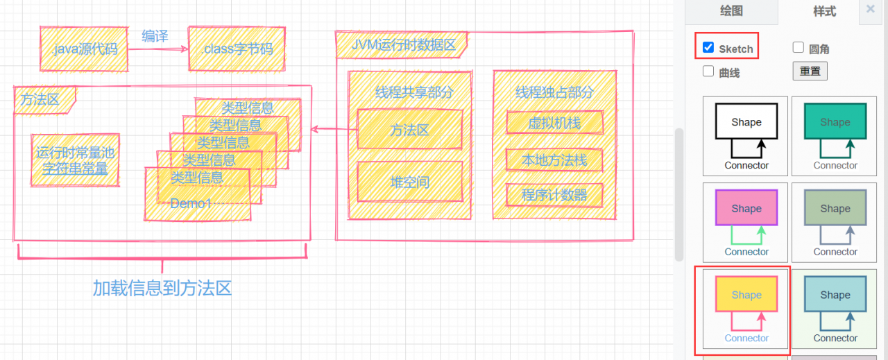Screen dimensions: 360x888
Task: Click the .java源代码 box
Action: (84, 49)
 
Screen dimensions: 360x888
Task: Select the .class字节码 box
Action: (237, 49)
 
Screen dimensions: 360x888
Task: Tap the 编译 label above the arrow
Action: (155, 36)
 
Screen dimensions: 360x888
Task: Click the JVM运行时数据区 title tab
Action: (403, 46)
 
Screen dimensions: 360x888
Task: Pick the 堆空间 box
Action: (409, 182)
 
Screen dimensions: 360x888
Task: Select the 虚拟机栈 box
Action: (554, 123)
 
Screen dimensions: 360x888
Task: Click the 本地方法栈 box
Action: (554, 160)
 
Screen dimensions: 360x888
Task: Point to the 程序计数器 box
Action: (554, 196)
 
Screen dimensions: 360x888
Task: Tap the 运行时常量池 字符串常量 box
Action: (75, 160)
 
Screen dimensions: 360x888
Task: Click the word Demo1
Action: (191, 203)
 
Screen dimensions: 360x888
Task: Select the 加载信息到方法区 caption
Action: (162, 289)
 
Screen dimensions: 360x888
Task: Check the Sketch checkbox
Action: (708, 48)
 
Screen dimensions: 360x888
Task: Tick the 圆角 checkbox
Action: (799, 48)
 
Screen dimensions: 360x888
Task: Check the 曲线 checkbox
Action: (708, 71)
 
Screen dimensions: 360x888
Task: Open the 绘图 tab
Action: (731, 10)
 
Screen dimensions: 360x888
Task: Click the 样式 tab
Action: (824, 11)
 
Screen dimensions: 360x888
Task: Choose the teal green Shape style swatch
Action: (835, 122)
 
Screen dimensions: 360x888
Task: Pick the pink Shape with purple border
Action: (746, 208)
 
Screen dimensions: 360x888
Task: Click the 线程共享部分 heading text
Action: (414, 92)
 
